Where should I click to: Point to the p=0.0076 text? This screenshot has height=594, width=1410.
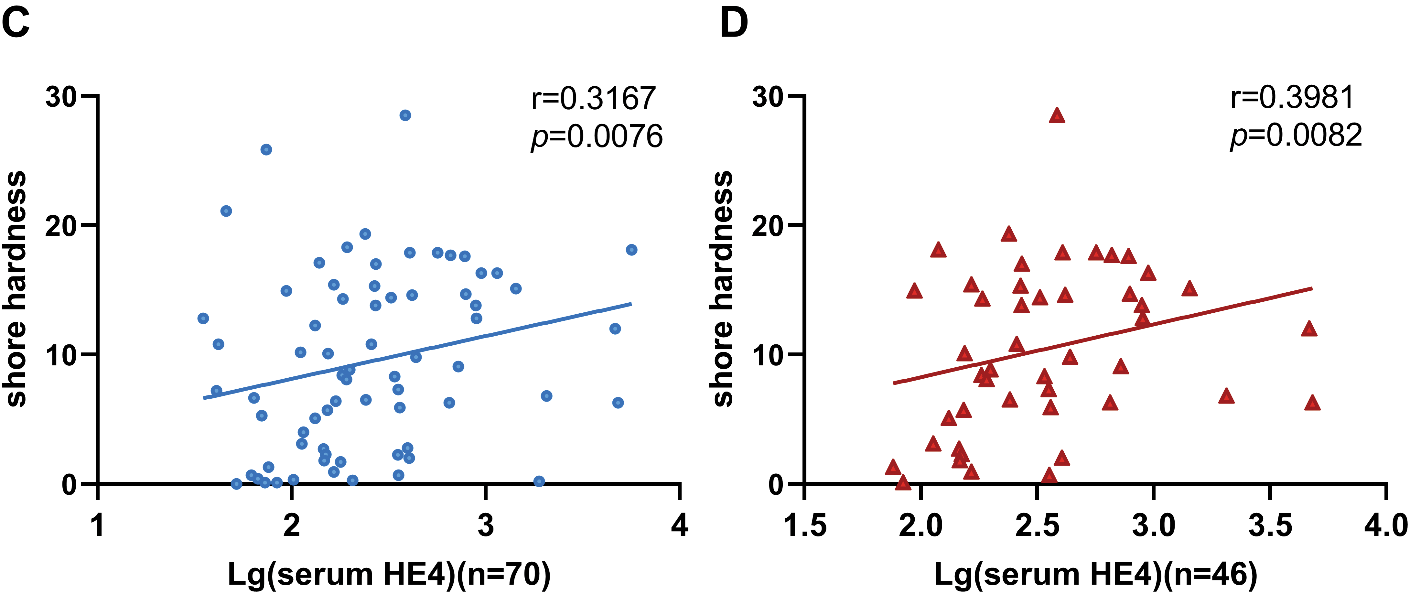pyautogui.click(x=597, y=136)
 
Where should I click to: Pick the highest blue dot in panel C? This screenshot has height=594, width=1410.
pyautogui.click(x=405, y=115)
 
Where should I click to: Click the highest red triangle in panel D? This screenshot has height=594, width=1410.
pyautogui.click(x=1057, y=115)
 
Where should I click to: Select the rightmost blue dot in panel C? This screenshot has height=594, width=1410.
pyautogui.click(x=632, y=250)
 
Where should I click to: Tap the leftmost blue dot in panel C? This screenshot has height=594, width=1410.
pyautogui.click(x=203, y=318)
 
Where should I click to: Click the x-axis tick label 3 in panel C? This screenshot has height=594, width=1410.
pyautogui.click(x=486, y=525)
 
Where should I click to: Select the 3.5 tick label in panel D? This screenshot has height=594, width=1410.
pyautogui.click(x=1270, y=525)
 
